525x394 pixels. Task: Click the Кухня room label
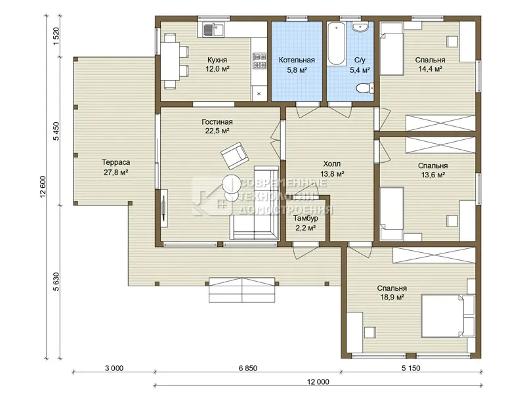217,60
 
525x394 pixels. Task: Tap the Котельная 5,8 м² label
297,64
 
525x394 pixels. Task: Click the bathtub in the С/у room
337,43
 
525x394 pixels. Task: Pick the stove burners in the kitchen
259,60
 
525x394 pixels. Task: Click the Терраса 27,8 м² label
116,167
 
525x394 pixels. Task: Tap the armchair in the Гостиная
235,156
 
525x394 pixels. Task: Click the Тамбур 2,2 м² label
305,223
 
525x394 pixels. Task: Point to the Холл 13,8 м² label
332,169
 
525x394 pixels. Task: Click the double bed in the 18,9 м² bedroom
448,316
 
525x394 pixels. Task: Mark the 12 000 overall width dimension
318,382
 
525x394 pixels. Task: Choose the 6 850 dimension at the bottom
248,368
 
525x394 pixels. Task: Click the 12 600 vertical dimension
43,186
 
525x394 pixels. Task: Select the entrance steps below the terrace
241,290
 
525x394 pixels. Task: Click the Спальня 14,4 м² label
430,64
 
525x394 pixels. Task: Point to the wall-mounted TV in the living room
163,208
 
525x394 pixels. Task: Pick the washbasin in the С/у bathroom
360,27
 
